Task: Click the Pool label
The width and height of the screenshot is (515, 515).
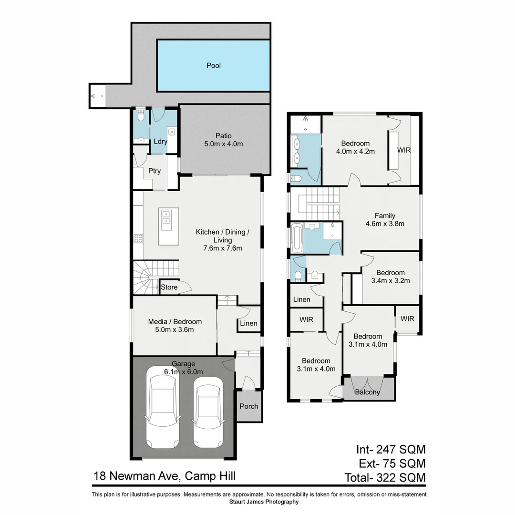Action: (213, 66)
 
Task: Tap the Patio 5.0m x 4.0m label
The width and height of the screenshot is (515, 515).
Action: (223, 140)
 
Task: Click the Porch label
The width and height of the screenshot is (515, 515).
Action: (249, 406)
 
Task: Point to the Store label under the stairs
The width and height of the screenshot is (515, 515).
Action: (169, 288)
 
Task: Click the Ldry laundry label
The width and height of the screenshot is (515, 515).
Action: (160, 142)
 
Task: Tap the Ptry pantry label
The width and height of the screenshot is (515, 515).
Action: (154, 171)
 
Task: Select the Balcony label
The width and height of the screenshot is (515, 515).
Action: (368, 392)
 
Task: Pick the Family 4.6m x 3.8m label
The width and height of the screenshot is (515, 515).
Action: (384, 219)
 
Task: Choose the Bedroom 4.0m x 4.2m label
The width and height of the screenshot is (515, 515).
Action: (355, 147)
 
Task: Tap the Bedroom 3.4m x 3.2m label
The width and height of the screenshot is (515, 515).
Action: (390, 277)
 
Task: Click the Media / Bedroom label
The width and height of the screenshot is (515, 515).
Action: (175, 326)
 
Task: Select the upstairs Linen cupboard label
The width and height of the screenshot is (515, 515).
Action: (302, 300)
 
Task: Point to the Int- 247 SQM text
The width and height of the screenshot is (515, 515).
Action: (390, 449)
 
